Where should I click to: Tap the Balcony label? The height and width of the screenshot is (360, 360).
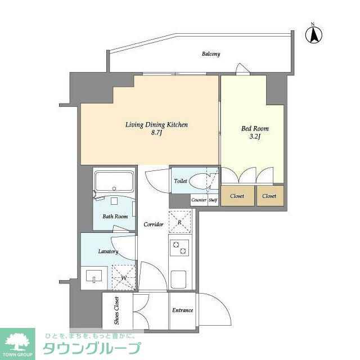pos(211,55)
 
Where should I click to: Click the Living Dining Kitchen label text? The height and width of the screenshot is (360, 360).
pos(156,125)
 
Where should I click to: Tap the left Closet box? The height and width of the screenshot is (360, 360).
pos(236,196)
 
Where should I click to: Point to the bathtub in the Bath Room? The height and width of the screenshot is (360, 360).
pos(114,181)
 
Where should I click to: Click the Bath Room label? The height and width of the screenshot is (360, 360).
pos(115,217)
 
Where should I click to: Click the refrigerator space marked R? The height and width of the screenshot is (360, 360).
pos(179,222)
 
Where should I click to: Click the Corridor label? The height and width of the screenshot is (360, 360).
pos(153,224)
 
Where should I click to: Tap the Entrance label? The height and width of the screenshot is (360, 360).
pos(182,310)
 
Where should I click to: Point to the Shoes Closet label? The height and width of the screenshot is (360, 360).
pos(116,310)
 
